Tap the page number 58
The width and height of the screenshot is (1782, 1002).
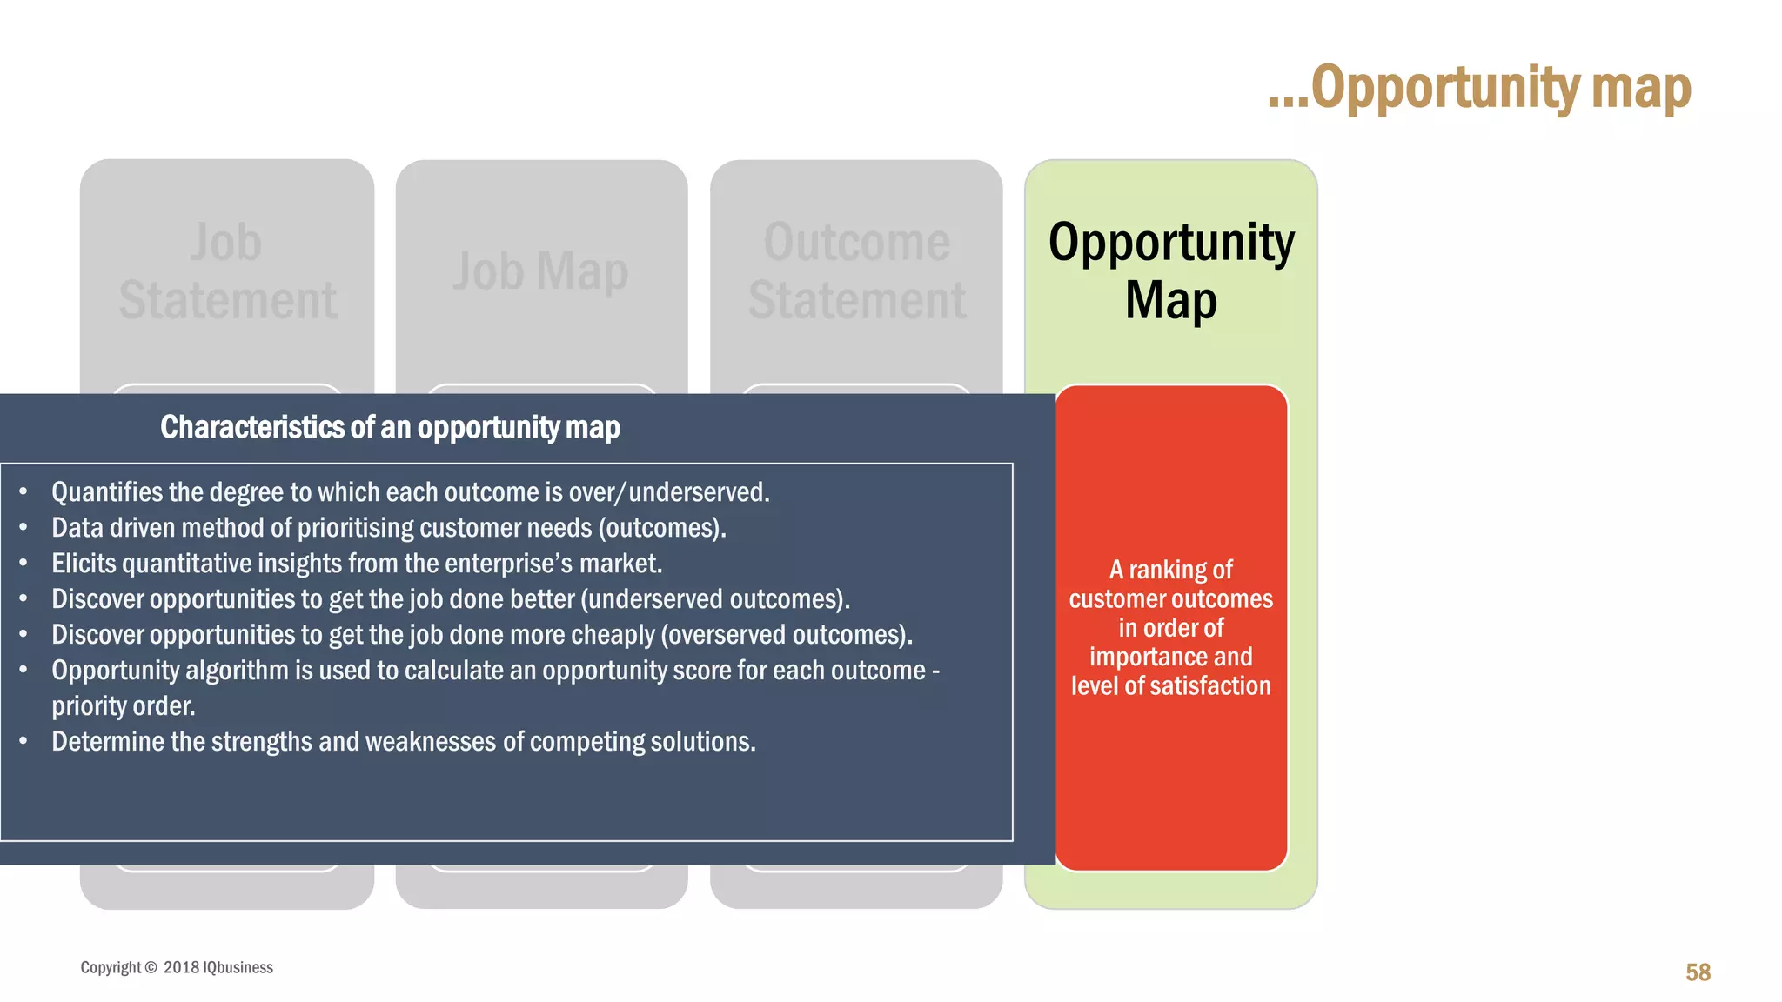1698,972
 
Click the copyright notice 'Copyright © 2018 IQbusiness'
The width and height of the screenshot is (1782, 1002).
177,967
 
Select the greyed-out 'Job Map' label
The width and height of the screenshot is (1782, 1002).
540,271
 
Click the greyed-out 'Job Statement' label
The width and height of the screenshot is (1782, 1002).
227,271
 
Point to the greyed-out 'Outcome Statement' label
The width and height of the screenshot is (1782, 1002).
856,271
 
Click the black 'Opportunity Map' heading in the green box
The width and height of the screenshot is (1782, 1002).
1170,271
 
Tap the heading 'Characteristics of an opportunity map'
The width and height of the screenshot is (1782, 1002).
390,427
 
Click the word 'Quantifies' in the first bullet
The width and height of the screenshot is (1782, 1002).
107,492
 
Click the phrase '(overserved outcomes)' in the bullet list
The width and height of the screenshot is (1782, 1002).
786,635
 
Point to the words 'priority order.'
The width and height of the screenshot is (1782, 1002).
123,706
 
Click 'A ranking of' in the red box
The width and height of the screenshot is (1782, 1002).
1170,570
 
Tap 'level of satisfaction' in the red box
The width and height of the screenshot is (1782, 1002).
1170,685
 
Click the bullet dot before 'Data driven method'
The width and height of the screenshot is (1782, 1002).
23,528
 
